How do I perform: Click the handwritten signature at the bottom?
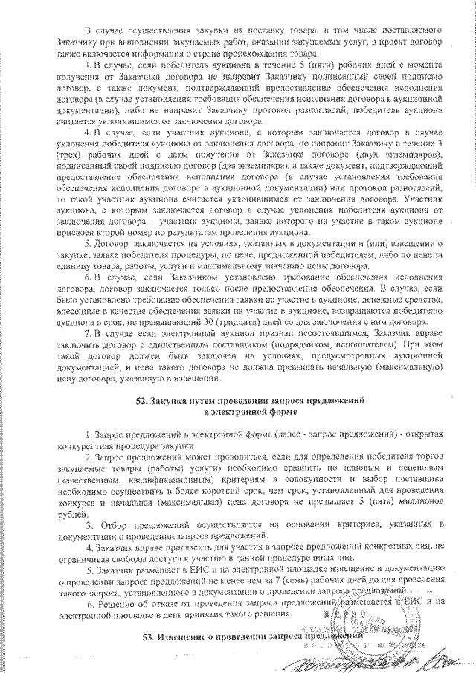pos(387,657)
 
